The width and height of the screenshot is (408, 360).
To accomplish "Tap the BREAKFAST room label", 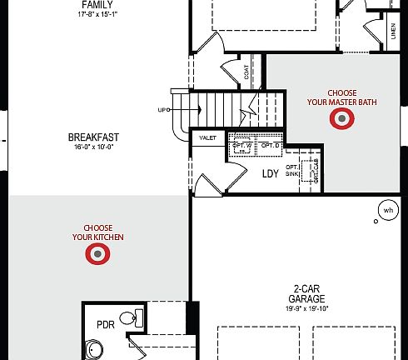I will [x=92, y=137].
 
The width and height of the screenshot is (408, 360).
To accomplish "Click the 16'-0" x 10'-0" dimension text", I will [x=92, y=147].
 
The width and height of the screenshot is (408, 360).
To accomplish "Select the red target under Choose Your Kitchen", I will [x=98, y=256].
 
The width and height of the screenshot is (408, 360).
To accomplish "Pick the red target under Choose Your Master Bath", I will [x=341, y=120].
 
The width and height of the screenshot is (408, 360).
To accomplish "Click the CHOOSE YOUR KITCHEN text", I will [x=98, y=233].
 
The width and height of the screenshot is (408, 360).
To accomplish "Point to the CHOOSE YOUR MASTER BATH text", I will [x=341, y=97].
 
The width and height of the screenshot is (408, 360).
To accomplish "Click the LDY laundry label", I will [x=270, y=174].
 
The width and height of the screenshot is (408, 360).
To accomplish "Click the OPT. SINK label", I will [x=292, y=170].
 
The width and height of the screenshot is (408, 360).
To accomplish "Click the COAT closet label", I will [x=247, y=73].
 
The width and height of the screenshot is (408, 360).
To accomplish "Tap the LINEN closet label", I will [x=393, y=31].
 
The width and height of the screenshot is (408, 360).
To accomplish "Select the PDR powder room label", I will [x=105, y=324].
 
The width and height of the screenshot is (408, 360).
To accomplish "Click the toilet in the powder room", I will [x=127, y=317].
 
